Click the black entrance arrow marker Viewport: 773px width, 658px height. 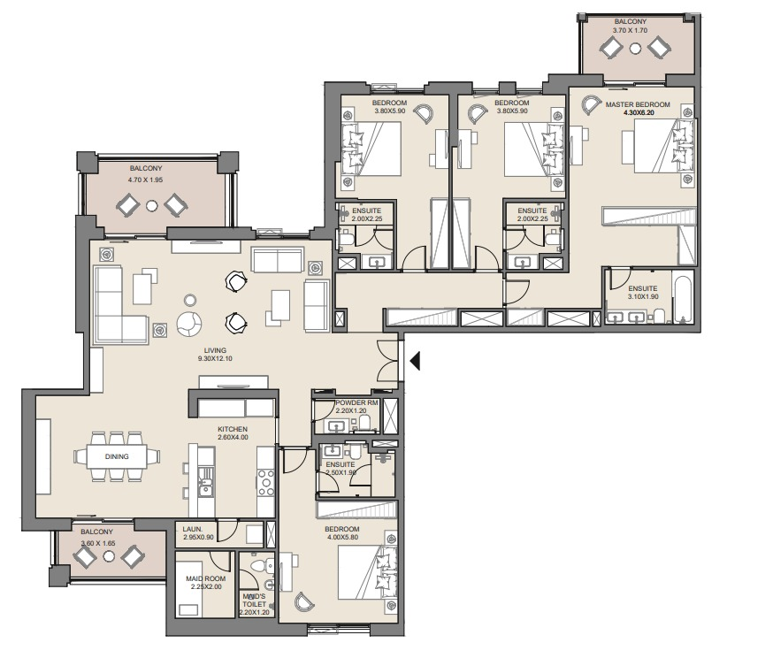click(x=415, y=360)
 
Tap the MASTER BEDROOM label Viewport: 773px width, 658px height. click(x=638, y=104)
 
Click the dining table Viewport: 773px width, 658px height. click(x=118, y=456)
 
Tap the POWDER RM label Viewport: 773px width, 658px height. click(x=356, y=402)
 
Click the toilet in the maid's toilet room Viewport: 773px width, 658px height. click(x=259, y=567)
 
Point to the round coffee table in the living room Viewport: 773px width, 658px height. click(x=188, y=323)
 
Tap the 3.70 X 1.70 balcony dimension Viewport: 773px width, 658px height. click(x=630, y=31)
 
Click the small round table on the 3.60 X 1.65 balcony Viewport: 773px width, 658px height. click(x=109, y=556)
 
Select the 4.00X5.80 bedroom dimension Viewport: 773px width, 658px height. click(x=342, y=536)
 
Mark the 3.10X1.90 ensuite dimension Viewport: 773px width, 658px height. click(x=643, y=297)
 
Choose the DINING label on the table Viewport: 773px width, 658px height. click(x=117, y=456)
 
